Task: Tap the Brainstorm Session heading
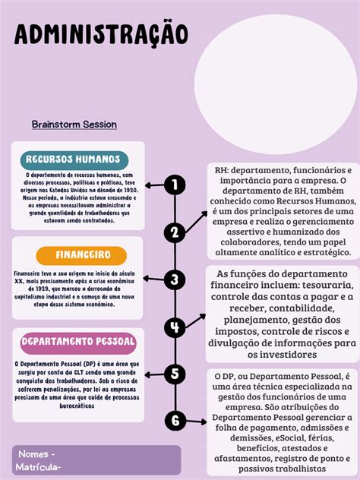click(74, 124)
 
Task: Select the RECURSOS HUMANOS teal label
click(73, 159)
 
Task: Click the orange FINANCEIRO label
click(83, 254)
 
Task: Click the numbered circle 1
click(175, 185)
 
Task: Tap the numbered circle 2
click(175, 232)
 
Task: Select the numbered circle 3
click(175, 279)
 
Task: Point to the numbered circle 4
click(175, 327)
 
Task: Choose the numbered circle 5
click(175, 374)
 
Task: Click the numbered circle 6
click(175, 420)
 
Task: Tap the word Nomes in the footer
click(33, 454)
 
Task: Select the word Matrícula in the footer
click(37, 467)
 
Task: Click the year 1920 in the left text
click(125, 188)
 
